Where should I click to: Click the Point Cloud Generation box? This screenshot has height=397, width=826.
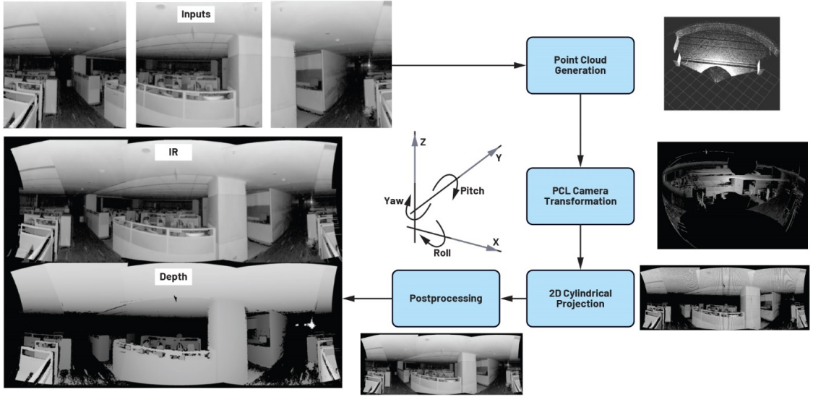(580, 66)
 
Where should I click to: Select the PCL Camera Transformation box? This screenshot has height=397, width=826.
(580, 195)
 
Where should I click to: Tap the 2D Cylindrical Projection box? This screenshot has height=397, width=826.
(580, 298)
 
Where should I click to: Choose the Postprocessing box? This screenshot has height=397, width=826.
(446, 298)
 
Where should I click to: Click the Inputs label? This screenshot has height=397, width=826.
(196, 14)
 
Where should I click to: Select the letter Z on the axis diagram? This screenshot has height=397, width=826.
(423, 142)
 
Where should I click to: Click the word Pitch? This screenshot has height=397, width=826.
(470, 191)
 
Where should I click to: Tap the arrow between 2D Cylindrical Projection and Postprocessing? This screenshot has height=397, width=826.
(514, 298)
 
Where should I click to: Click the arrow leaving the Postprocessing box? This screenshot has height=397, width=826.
(369, 298)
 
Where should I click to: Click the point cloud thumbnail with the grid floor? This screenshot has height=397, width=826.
(722, 63)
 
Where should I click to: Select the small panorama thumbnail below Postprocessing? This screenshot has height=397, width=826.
(442, 364)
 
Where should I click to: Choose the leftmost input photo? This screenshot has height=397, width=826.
(64, 64)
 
